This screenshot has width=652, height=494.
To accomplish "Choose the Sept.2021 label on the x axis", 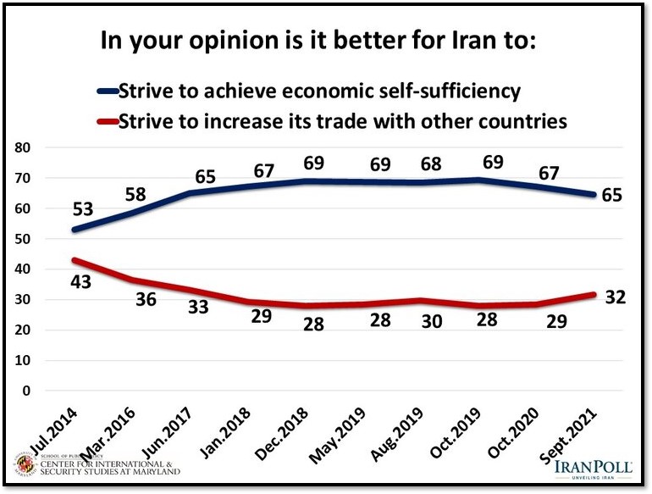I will pos(576,432).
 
